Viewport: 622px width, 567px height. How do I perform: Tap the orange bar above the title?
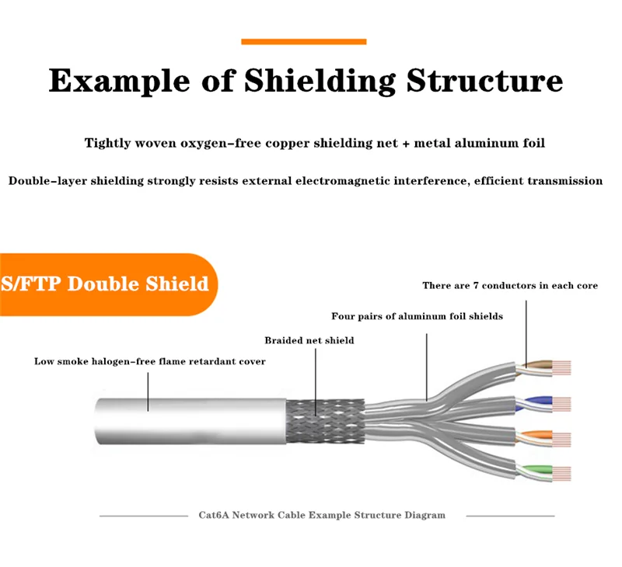coord(303,41)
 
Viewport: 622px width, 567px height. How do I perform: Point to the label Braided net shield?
coord(309,340)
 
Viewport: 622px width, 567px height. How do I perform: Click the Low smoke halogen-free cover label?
coord(149,361)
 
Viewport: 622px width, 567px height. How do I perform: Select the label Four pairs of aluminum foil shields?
coord(417,316)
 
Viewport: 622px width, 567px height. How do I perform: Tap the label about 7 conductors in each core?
coord(510,286)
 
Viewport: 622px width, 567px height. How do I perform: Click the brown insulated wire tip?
coord(540,365)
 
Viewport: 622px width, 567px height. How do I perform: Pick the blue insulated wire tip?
coord(540,402)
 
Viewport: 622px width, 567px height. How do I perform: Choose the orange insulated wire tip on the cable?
coord(540,436)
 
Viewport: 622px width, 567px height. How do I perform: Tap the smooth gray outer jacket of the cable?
coord(187,423)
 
